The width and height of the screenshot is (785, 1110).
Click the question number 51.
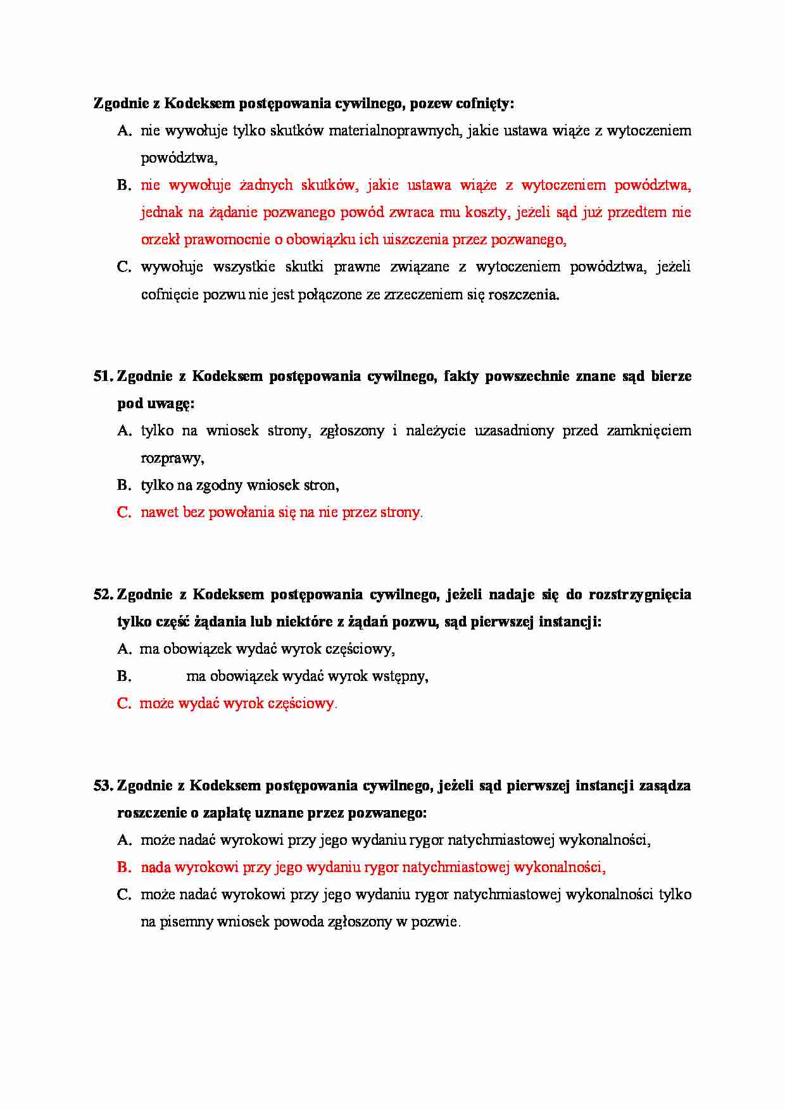click(103, 376)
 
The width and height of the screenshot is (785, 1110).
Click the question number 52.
click(103, 594)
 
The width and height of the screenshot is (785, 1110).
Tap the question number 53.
click(103, 785)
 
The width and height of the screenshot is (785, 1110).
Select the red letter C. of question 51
click(124, 512)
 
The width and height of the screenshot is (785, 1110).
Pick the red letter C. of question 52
click(124, 703)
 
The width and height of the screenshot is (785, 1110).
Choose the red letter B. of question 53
click(124, 867)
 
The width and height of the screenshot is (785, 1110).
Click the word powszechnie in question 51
click(527, 376)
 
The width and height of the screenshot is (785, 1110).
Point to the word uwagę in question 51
click(172, 404)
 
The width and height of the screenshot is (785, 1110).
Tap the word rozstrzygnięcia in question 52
click(639, 594)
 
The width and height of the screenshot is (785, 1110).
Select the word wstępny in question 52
click(399, 676)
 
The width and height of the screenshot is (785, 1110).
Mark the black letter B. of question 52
click(124, 676)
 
